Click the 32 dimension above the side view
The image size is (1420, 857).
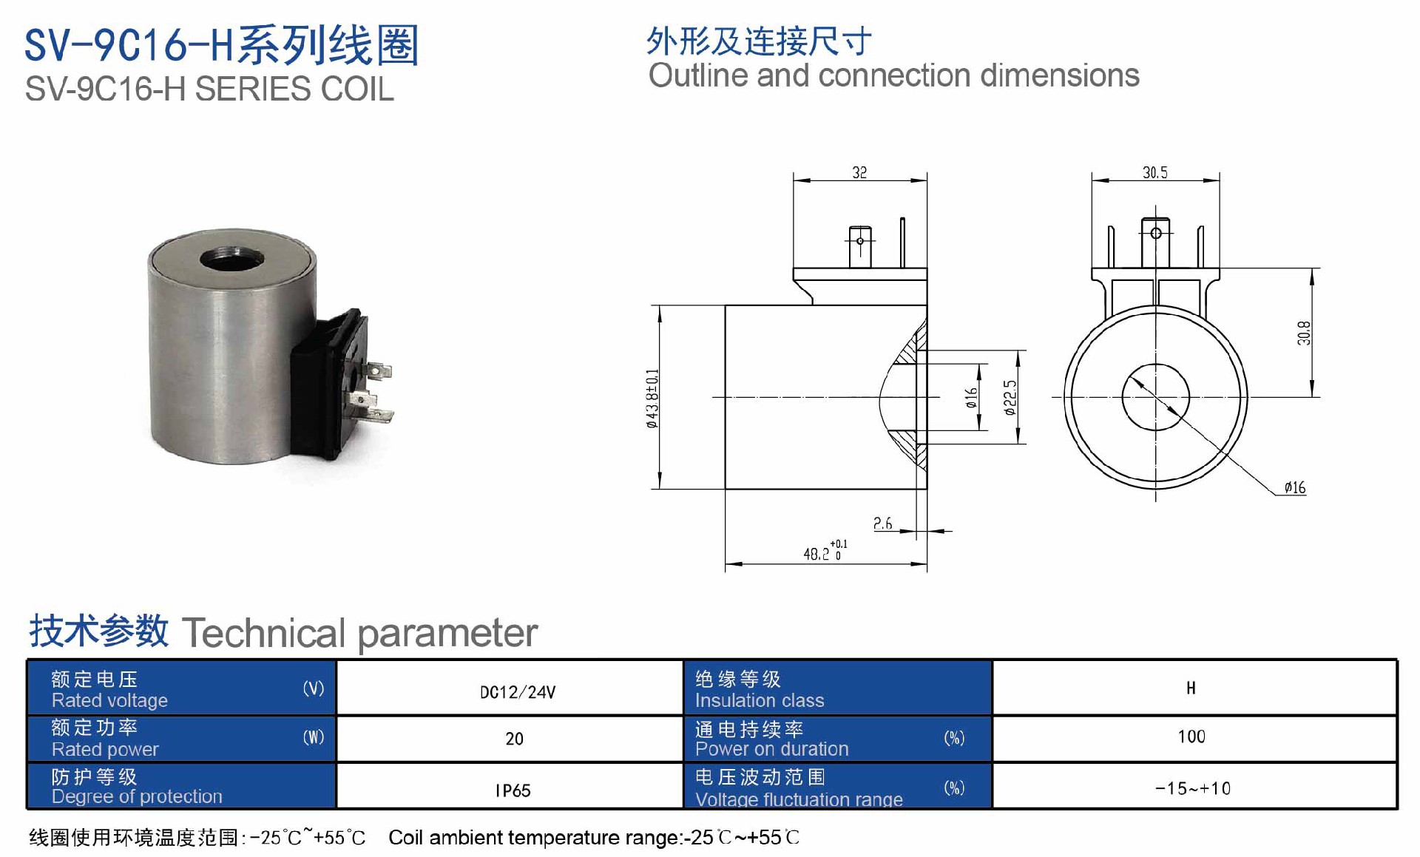coord(859,172)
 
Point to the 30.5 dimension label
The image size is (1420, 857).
coord(1154,172)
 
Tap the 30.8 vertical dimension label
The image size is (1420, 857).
coord(1304,333)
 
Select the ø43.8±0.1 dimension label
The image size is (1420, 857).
coord(652,398)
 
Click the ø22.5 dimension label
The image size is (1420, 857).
coord(1010,398)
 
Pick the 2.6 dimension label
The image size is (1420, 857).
coord(882,524)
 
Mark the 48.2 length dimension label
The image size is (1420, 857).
coord(825,551)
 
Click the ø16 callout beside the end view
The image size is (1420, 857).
coord(1295,487)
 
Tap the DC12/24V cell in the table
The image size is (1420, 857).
coord(518,692)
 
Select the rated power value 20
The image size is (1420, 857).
coord(514,739)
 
